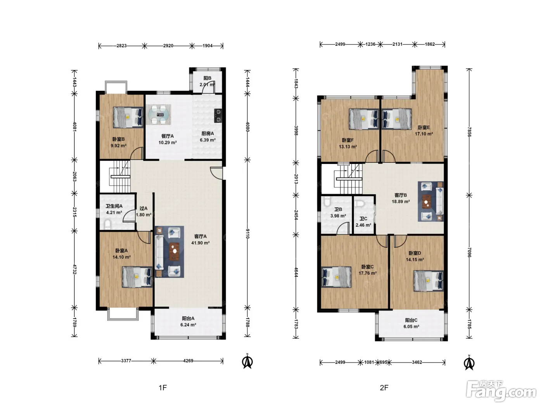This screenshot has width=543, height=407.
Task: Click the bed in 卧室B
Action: pyautogui.click(x=128, y=117)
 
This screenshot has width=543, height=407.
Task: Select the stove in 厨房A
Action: pyautogui.click(x=218, y=116)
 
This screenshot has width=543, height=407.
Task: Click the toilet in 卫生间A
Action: pyautogui.click(x=107, y=225)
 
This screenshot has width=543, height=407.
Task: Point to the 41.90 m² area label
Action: pyautogui.click(x=201, y=243)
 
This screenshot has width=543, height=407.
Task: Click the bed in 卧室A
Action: pyautogui.click(x=137, y=277)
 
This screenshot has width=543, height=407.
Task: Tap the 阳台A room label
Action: pyautogui.click(x=188, y=318)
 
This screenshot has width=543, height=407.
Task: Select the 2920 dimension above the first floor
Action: pyautogui.click(x=168, y=46)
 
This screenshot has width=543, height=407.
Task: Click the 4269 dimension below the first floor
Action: pyautogui.click(x=188, y=361)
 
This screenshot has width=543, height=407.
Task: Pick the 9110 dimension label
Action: pyautogui.click(x=247, y=233)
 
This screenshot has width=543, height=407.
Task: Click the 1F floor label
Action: pyautogui.click(x=163, y=388)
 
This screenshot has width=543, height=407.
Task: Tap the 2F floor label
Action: pyautogui.click(x=384, y=388)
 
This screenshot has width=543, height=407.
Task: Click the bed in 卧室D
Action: pyautogui.click(x=429, y=281)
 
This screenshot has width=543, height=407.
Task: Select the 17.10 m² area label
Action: pyautogui.click(x=424, y=134)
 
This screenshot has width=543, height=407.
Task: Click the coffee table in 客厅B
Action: pyautogui.click(x=426, y=202)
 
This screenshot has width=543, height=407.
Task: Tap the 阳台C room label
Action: pyautogui.click(x=411, y=320)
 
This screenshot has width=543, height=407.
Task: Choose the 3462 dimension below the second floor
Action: pyautogui.click(x=417, y=362)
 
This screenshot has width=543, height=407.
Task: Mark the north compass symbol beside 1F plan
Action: pyautogui.click(x=247, y=361)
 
